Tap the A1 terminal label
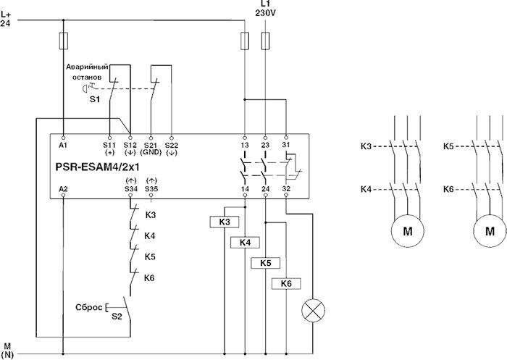[x=64, y=145]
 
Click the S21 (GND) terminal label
[x=151, y=148]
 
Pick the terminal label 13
[x=245, y=145]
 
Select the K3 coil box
[x=225, y=221]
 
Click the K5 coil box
[x=266, y=262]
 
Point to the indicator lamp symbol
[x=313, y=311]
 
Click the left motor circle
[x=406, y=232]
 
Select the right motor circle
[x=490, y=232]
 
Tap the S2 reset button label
[x=116, y=316]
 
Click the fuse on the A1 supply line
[x=64, y=39]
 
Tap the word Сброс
[x=89, y=306]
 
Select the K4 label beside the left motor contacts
[x=366, y=189]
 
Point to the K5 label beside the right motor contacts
[x=449, y=146]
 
